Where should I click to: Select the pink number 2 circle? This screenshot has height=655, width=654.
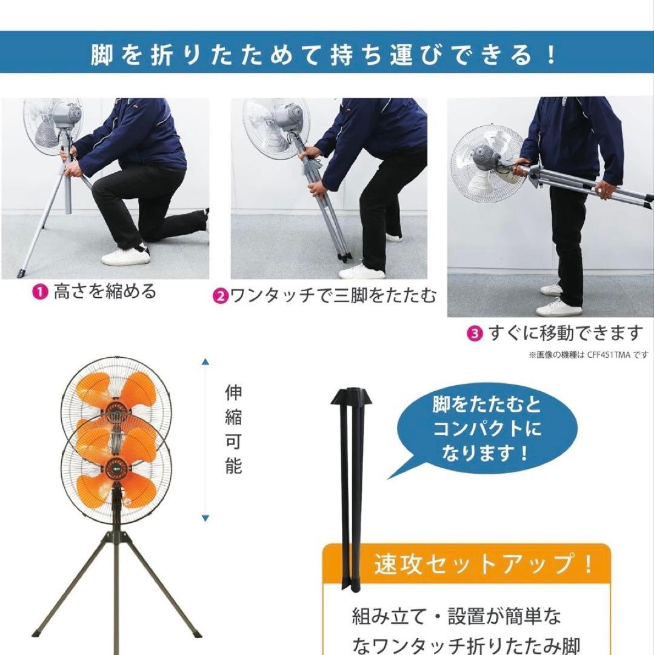click(220, 297)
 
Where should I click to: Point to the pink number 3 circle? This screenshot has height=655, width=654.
click(475, 334)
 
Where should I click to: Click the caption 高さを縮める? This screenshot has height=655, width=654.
click(104, 292)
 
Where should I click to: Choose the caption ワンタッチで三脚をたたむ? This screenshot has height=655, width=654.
click(333, 297)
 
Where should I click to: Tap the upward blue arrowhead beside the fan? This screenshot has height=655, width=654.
click(206, 362)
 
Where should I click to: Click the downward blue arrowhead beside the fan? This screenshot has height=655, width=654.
click(206, 518)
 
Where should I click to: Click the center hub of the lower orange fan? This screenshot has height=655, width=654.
click(116, 468)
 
